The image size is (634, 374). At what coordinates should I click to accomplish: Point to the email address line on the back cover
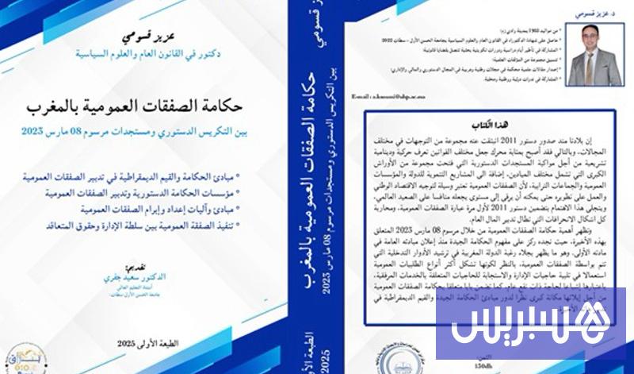tap(391, 94)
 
